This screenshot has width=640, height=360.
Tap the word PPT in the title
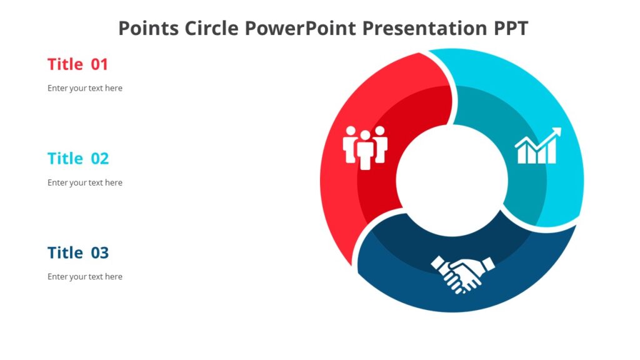[509, 28]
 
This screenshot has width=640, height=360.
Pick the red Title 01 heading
[77, 64]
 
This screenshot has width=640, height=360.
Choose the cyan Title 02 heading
[77, 159]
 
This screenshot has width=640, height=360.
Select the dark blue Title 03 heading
[77, 252]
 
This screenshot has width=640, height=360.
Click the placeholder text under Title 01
[85, 88]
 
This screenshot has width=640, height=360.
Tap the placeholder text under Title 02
[85, 182]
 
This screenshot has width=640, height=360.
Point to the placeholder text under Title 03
[85, 276]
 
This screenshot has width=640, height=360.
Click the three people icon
[365, 147]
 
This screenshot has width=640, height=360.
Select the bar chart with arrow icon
[537, 146]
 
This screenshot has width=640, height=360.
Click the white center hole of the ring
[451, 181]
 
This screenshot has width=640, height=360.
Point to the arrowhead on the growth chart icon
[556, 132]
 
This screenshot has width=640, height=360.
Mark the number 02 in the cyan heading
[100, 159]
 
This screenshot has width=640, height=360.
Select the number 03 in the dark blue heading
[100, 252]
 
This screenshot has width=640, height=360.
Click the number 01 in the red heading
[100, 64]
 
